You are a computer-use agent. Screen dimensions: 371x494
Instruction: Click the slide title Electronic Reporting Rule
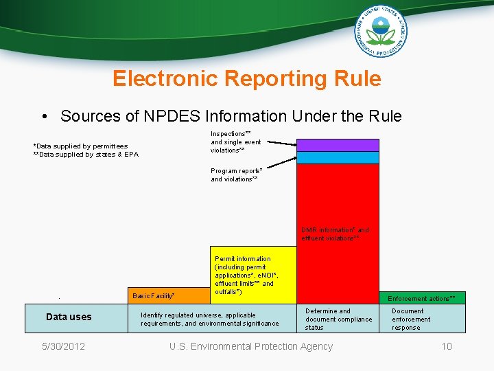(247, 79)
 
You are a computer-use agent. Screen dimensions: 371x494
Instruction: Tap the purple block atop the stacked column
(338, 145)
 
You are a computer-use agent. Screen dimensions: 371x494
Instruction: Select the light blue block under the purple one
(338, 157)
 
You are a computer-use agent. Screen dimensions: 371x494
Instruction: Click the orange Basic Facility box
(169, 295)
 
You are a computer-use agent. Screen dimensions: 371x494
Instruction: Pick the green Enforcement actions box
(421, 298)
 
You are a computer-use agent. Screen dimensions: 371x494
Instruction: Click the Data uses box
(69, 317)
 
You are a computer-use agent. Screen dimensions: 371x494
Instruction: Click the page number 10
(447, 346)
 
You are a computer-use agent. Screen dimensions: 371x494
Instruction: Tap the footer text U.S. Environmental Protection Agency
(251, 346)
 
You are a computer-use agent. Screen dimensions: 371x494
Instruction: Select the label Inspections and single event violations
(235, 142)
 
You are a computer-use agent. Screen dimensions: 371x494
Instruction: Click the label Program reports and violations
(236, 175)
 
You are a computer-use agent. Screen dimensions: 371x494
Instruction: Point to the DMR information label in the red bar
(336, 234)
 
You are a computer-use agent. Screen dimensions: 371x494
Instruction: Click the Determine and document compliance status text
(339, 319)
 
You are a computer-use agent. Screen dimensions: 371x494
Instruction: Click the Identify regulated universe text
(209, 319)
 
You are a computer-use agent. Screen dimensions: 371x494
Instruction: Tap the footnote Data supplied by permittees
(80, 146)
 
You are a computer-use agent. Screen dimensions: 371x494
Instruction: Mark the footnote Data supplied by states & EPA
(86, 154)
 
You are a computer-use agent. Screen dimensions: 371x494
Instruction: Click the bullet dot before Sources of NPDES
(44, 117)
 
